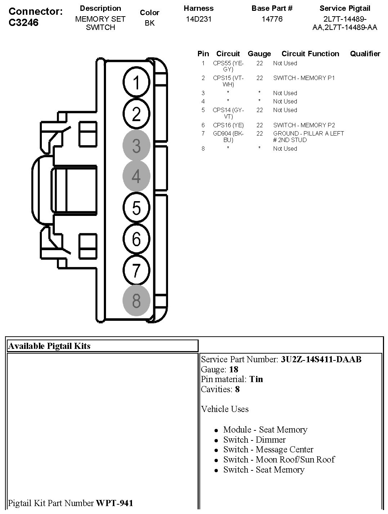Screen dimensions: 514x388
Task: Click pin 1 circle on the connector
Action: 136,83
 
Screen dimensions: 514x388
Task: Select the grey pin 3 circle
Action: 136,146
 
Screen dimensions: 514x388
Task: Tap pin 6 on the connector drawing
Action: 136,239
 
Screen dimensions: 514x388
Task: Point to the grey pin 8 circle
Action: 136,301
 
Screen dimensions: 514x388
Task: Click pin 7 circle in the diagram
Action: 136,270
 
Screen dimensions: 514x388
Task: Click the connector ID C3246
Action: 23,23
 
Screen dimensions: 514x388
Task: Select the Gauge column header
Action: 259,54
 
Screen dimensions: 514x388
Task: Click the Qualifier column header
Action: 365,54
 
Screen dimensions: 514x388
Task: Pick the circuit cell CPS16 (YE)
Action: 228,125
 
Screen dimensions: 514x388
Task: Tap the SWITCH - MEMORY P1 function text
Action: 304,78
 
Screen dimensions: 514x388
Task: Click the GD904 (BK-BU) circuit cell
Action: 228,137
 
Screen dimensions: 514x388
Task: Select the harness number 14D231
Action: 199,19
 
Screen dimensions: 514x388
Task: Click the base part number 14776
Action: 272,19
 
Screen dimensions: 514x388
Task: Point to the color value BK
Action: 150,23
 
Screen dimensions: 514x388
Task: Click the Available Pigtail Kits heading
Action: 49,346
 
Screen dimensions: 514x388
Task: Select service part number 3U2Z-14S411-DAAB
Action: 321,359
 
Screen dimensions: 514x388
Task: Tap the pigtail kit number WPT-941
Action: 114,503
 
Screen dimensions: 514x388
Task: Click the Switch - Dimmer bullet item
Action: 254,440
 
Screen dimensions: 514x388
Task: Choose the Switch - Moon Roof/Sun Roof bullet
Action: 279,460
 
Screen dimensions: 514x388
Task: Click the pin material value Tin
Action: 256,379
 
